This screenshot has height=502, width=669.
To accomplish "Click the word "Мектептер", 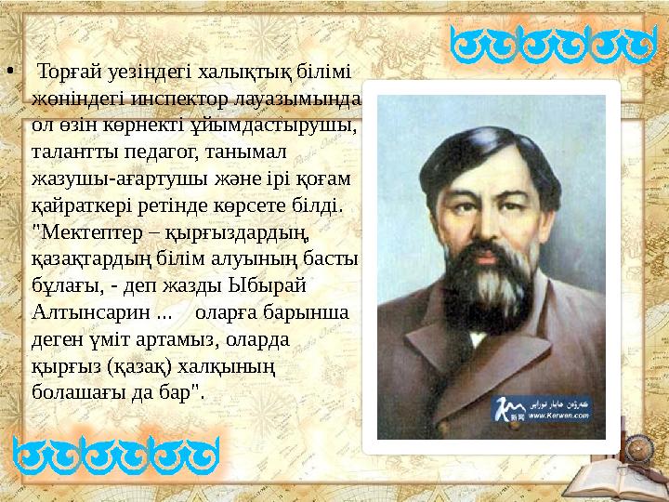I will click(80, 228).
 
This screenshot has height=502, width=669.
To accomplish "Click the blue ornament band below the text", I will click(117, 457).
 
